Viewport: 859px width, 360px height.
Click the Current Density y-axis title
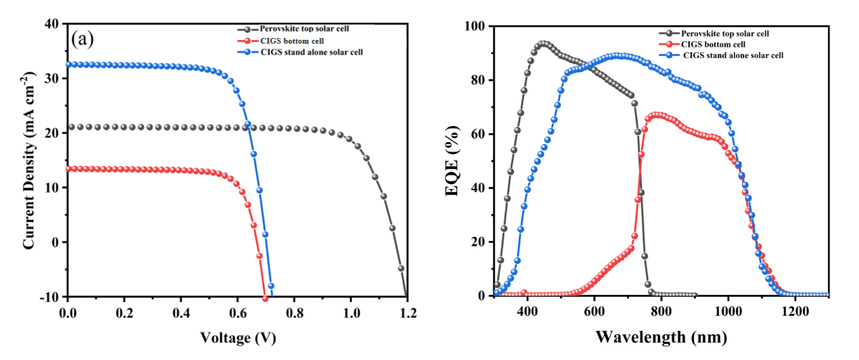pyautogui.click(x=29, y=161)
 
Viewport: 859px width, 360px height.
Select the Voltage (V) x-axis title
pyautogui.click(x=238, y=338)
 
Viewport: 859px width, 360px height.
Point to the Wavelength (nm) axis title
pyautogui.click(x=661, y=337)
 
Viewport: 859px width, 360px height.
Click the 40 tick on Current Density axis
pyautogui.click(x=52, y=24)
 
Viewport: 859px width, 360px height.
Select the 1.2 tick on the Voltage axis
pyautogui.click(x=408, y=313)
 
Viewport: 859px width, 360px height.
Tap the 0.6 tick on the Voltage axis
pyautogui.click(x=237, y=313)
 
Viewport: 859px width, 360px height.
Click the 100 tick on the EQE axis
pyautogui.click(x=477, y=26)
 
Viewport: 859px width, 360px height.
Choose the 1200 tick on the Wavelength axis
pyautogui.click(x=795, y=313)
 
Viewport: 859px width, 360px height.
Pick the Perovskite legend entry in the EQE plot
pyautogui.click(x=724, y=33)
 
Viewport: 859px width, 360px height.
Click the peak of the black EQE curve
pyautogui.click(x=542, y=44)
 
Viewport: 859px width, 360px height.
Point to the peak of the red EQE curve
pyautogui.click(x=655, y=115)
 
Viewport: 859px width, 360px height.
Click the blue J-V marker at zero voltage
pyautogui.click(x=68, y=64)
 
